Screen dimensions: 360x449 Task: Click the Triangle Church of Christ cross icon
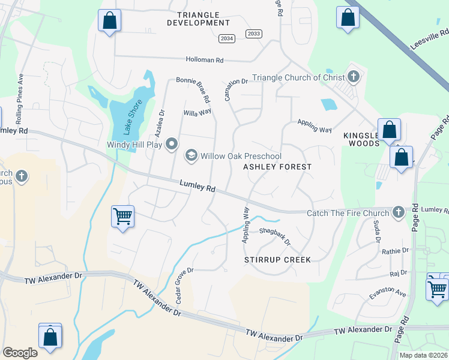(354, 77)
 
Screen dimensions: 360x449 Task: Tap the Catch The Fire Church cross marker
(398, 212)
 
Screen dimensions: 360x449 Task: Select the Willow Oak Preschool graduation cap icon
(191, 156)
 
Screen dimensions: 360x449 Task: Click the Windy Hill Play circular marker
(172, 143)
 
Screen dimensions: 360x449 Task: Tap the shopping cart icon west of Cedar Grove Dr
(122, 215)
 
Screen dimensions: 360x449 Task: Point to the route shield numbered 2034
(226, 38)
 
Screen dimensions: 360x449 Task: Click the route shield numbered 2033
(254, 34)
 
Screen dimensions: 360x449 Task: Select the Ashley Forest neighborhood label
(277, 167)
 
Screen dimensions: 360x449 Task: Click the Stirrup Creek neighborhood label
(277, 260)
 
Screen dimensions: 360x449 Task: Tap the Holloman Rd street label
(203, 60)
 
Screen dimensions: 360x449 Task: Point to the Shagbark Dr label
(275, 237)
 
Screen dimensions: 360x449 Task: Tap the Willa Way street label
(197, 113)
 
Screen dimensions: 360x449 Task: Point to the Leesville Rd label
(430, 37)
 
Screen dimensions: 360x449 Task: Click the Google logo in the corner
(20, 353)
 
